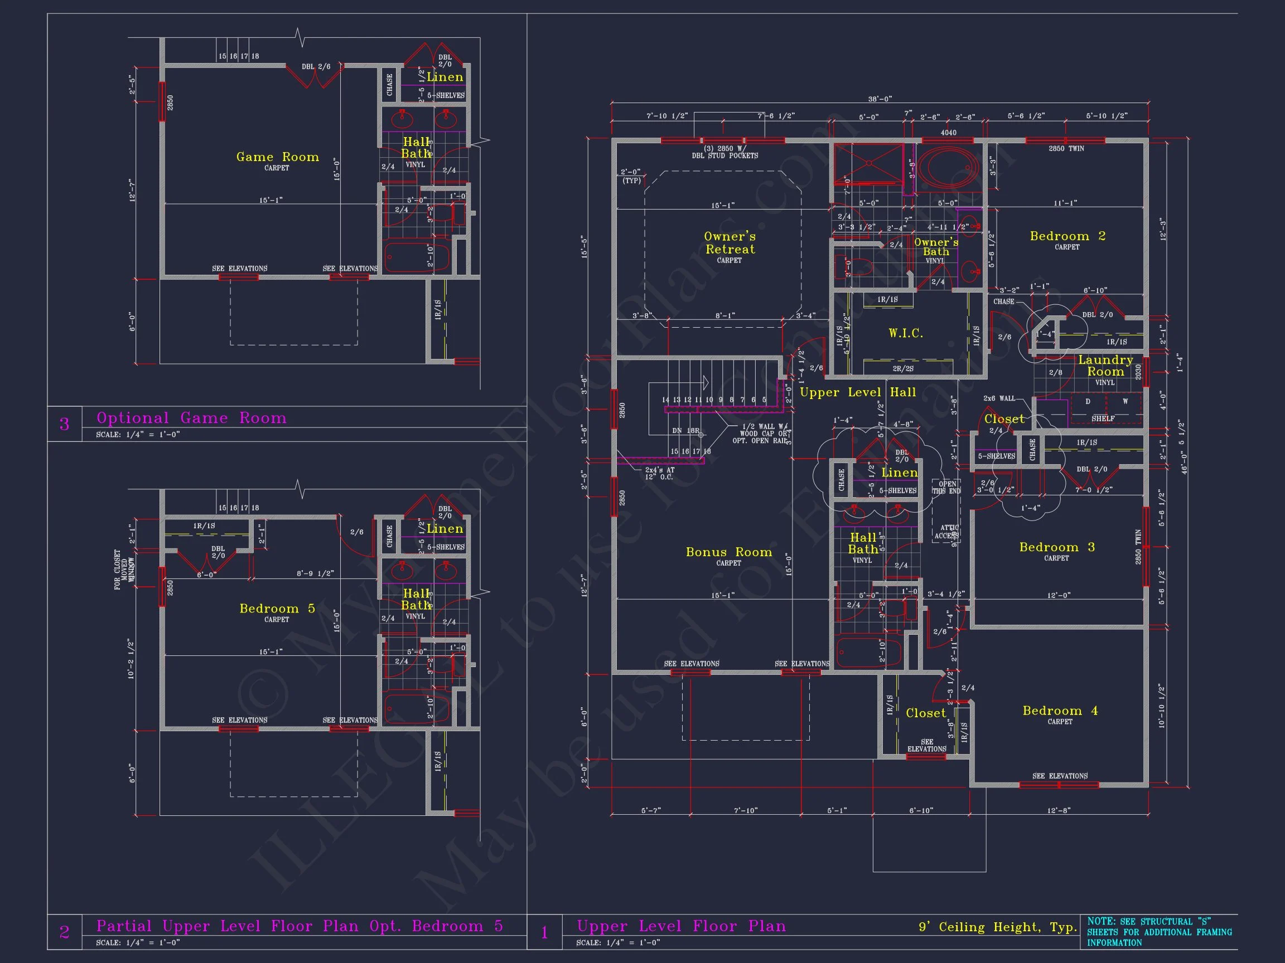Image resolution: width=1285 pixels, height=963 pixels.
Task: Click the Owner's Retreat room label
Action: tap(730, 243)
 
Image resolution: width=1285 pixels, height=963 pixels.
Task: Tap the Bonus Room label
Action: tap(728, 552)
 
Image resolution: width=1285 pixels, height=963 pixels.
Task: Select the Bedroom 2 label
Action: tap(1067, 236)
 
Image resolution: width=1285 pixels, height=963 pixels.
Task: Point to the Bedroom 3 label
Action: tap(1057, 547)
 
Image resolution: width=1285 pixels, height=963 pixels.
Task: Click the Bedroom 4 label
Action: tap(1060, 711)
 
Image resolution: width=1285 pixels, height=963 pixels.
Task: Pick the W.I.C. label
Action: tap(906, 333)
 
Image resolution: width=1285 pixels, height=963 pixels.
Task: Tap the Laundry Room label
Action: tap(1105, 366)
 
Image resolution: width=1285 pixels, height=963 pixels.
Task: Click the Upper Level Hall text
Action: tap(857, 392)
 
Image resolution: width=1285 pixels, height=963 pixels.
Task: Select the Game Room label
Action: tap(277, 157)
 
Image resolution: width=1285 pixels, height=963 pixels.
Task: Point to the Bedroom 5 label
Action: tap(277, 609)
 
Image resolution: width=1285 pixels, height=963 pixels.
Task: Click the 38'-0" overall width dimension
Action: tap(880, 99)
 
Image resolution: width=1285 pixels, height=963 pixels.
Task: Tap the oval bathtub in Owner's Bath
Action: tap(949, 168)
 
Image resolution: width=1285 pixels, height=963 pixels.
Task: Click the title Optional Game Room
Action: tap(191, 418)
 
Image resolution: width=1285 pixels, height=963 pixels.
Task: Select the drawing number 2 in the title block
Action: tap(65, 932)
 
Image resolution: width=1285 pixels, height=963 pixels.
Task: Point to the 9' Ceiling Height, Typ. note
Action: tap(997, 927)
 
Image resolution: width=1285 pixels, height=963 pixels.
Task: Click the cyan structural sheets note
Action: tap(1159, 932)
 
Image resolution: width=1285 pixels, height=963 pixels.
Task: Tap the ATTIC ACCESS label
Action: tap(946, 532)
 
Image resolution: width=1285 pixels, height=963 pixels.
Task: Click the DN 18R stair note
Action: tap(685, 431)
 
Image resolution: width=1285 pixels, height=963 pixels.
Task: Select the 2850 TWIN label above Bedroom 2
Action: tap(1066, 149)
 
